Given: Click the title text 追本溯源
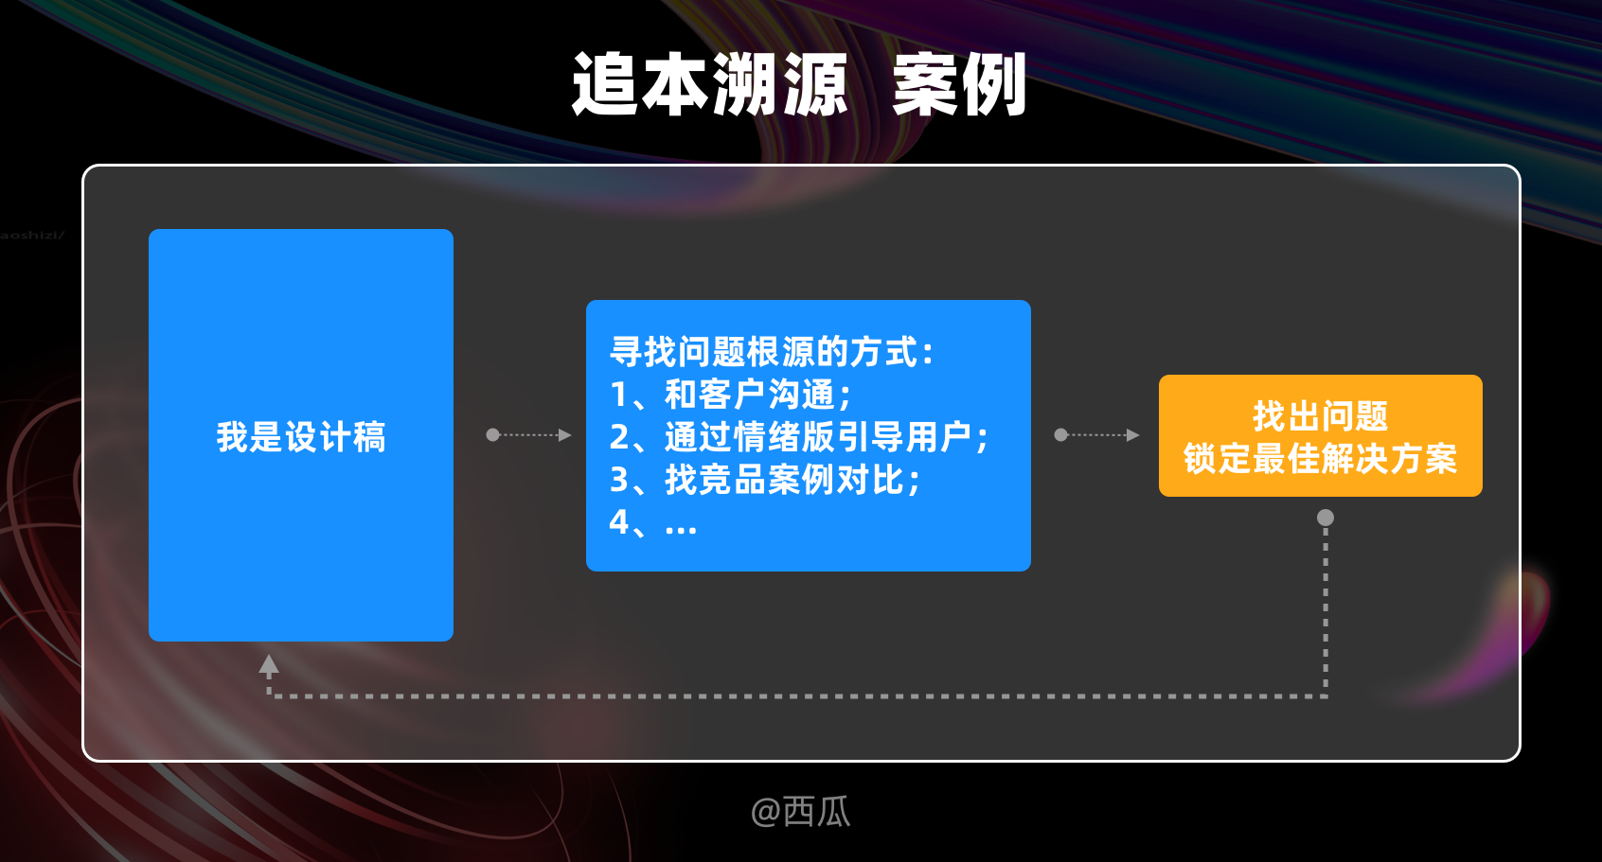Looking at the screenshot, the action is [x=709, y=85].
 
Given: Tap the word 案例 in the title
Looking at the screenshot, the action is [x=958, y=85].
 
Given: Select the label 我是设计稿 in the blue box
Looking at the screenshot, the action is [x=301, y=437].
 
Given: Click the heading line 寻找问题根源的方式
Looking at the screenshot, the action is [x=772, y=352].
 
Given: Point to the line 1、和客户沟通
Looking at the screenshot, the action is [x=731, y=395].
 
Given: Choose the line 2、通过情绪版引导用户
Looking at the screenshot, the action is [x=799, y=437].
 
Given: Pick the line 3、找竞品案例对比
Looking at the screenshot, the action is [x=765, y=480].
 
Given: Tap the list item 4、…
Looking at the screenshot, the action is [x=653, y=522].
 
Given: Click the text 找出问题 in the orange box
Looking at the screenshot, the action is [x=1320, y=415].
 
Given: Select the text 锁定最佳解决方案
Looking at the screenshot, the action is [x=1320, y=459].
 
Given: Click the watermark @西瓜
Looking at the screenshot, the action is [x=801, y=811].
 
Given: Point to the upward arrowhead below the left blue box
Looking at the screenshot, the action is [x=269, y=664].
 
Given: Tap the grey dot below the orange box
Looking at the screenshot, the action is [x=1326, y=518].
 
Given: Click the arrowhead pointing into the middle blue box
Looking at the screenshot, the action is [x=565, y=435].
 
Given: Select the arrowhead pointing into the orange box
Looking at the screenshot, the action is [x=1133, y=435].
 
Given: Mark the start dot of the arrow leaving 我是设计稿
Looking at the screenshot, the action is [x=492, y=435].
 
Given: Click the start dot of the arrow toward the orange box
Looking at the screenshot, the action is [x=1060, y=435].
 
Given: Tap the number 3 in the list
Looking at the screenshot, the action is [x=619, y=480].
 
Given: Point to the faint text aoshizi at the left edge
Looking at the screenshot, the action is [x=31, y=235].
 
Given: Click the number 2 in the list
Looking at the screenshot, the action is [x=619, y=437].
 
